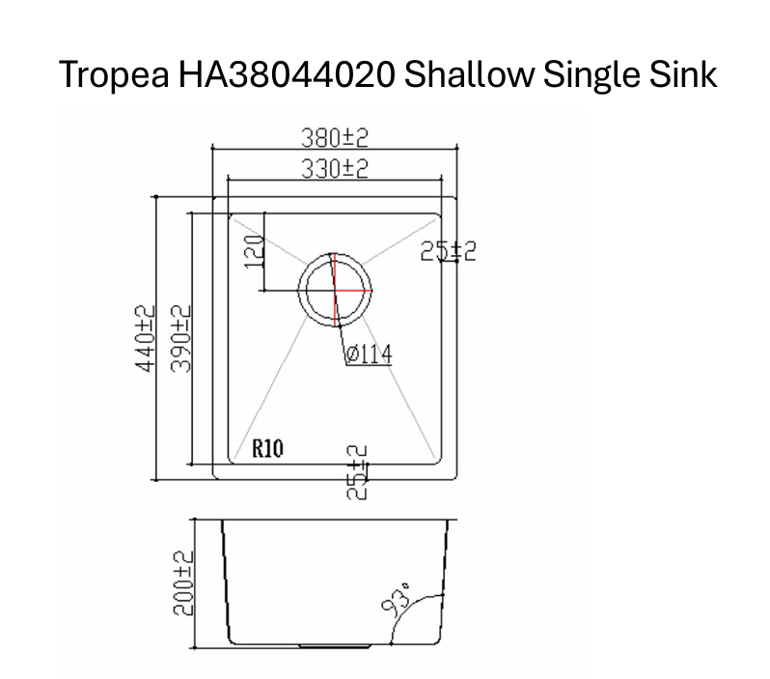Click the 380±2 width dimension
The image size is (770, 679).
[x=334, y=138]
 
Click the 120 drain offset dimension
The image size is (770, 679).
[x=254, y=252]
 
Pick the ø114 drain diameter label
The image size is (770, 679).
[x=368, y=355]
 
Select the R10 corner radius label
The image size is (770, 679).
[x=266, y=448]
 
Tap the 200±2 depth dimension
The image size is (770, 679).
[x=183, y=584]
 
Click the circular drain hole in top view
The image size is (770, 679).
[x=334, y=290]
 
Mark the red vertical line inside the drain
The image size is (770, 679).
[x=333, y=290]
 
